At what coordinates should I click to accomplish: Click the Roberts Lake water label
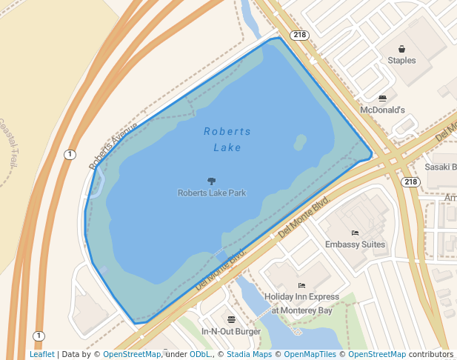pyautogui.click(x=227, y=139)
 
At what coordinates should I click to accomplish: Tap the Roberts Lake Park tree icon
pyautogui.click(x=211, y=181)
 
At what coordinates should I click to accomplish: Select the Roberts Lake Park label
pyautogui.click(x=211, y=193)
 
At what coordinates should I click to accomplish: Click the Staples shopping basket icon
pyautogui.click(x=402, y=48)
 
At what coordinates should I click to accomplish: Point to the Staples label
pyautogui.click(x=402, y=60)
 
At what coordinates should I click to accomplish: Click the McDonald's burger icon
pyautogui.click(x=382, y=98)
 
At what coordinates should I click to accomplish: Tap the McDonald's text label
pyautogui.click(x=382, y=110)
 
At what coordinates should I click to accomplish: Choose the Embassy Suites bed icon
pyautogui.click(x=355, y=233)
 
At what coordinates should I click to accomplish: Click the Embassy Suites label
pyautogui.click(x=355, y=244)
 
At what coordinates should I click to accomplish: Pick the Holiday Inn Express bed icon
pyautogui.click(x=301, y=285)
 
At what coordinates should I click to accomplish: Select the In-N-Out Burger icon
pyautogui.click(x=231, y=319)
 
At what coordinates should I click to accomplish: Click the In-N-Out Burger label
pyautogui.click(x=231, y=331)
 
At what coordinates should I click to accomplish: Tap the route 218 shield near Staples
pyautogui.click(x=299, y=35)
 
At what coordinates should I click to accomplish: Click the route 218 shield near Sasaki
pyautogui.click(x=411, y=181)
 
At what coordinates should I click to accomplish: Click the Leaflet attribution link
pyautogui.click(x=41, y=354)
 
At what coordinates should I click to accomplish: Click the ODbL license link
pyautogui.click(x=200, y=354)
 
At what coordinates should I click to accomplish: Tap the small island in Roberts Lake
pyautogui.click(x=300, y=141)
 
